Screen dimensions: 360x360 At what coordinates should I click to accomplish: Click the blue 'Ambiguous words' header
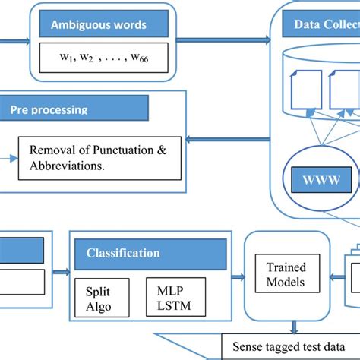point(99,24)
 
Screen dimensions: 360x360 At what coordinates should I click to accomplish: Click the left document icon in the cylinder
point(304,90)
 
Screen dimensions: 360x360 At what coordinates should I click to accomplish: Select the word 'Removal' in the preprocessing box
point(54,150)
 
